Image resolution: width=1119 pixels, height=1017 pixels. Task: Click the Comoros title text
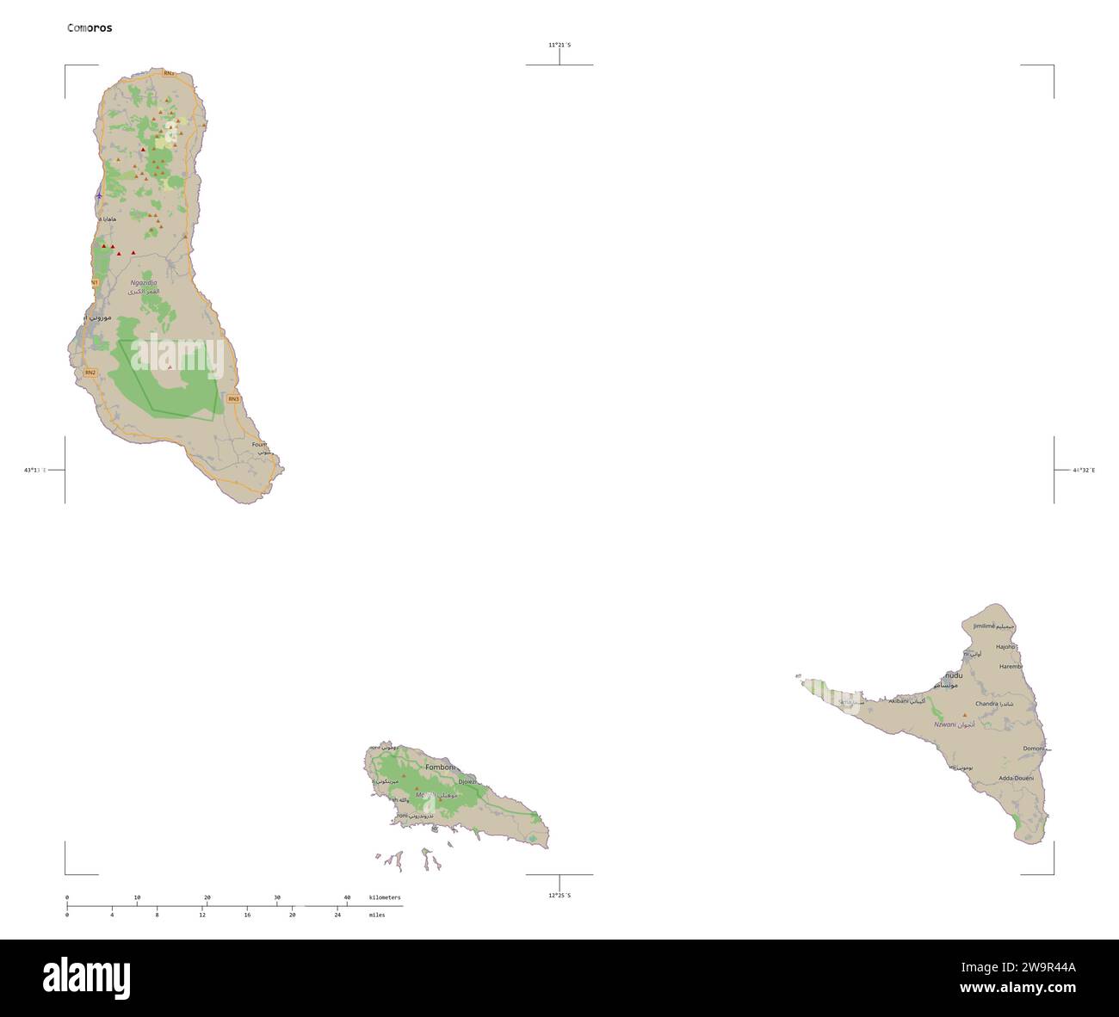90,28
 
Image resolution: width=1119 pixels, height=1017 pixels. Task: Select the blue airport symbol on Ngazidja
99,195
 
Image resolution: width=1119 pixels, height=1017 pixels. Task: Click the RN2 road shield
90,372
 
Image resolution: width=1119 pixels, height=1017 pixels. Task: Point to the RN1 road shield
94,282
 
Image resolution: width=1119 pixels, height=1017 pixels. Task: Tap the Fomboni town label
439,767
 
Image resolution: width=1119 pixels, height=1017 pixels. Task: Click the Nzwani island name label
945,725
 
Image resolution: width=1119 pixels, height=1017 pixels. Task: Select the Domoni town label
1033,749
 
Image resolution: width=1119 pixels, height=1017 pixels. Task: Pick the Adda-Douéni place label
1016,778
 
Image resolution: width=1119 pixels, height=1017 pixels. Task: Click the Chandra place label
986,704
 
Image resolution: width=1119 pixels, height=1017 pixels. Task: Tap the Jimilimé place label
983,626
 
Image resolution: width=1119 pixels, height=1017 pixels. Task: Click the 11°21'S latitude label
559,45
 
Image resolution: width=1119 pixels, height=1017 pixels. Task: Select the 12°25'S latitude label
559,896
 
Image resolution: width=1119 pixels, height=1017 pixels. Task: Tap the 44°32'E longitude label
1084,471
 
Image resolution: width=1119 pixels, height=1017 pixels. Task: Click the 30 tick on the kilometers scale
277,898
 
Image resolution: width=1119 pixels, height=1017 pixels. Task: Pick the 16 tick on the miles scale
247,915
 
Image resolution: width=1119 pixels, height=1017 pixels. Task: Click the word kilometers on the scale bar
384,897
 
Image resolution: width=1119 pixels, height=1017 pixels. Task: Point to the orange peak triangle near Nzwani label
964,715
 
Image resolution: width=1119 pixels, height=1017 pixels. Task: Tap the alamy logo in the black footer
86,977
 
